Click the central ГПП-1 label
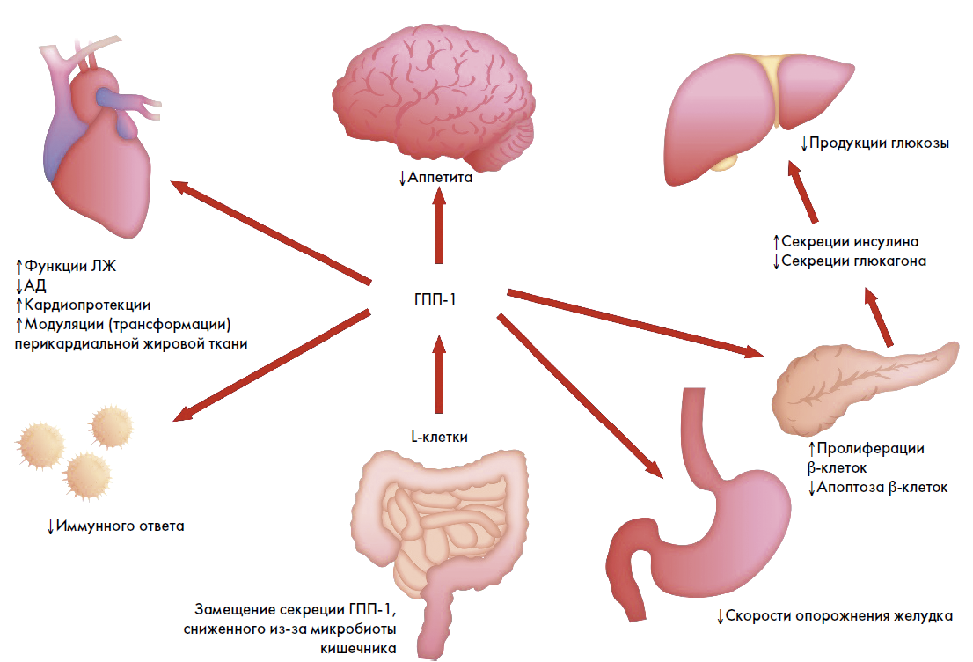pyautogui.click(x=436, y=298)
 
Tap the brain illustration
pyautogui.click(x=433, y=97)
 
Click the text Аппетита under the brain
pyautogui.click(x=441, y=178)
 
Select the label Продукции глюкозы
pyautogui.click(x=879, y=143)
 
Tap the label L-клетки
pyautogui.click(x=438, y=437)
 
